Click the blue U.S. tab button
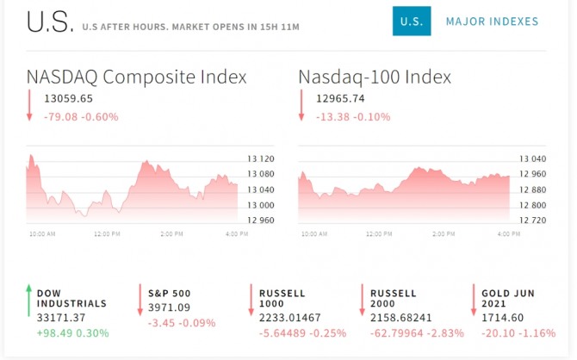(x=412, y=22)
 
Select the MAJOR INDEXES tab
(x=492, y=22)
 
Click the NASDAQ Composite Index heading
(x=136, y=77)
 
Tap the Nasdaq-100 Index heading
(x=375, y=77)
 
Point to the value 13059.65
(x=68, y=98)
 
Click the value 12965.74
(x=340, y=98)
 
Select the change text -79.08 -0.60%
(x=81, y=116)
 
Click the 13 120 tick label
(x=260, y=158)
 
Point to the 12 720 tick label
(x=531, y=220)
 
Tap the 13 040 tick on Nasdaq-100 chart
(x=531, y=158)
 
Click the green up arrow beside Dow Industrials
(x=28, y=300)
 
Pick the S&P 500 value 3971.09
(x=168, y=307)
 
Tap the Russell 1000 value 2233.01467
(x=289, y=318)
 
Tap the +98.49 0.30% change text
(x=73, y=332)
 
